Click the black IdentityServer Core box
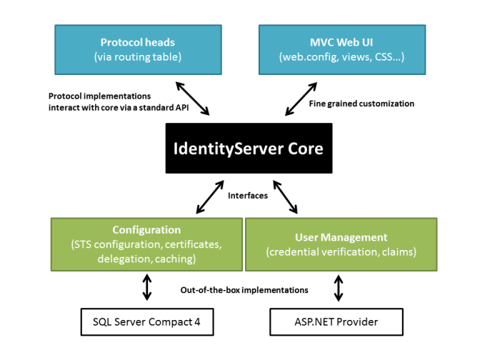click(249, 149)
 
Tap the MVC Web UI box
click(342, 49)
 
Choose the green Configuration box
click(146, 244)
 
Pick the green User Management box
click(341, 244)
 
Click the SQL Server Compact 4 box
click(147, 321)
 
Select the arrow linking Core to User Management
click(284, 197)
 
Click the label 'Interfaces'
click(248, 195)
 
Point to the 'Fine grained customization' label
click(361, 104)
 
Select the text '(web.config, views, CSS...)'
click(342, 56)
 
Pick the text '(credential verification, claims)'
click(341, 251)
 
